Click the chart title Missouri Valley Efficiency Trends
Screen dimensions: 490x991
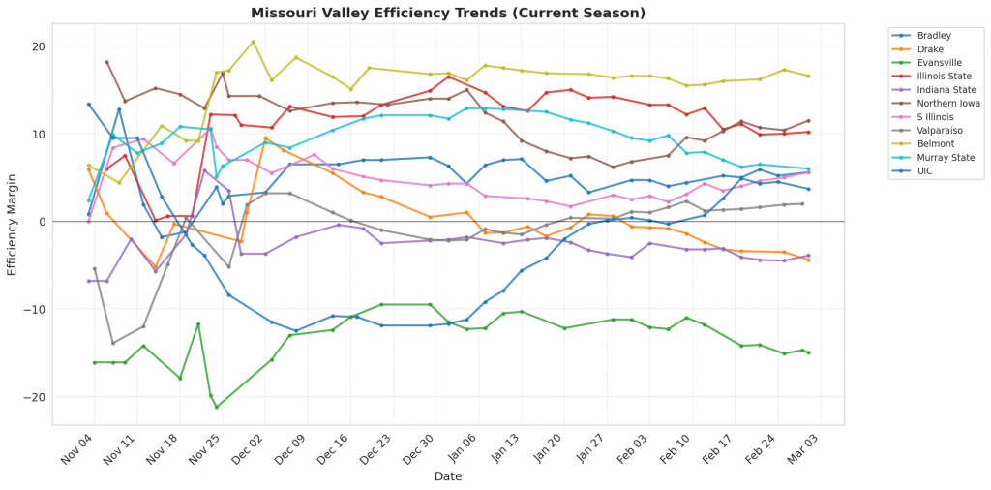(x=447, y=13)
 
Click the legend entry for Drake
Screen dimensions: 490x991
(x=931, y=48)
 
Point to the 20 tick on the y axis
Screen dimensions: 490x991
(x=39, y=46)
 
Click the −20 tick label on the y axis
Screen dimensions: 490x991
(x=36, y=397)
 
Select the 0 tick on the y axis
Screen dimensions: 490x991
(x=42, y=222)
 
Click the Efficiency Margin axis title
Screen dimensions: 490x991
(x=13, y=222)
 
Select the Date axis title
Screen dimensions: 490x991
(x=447, y=476)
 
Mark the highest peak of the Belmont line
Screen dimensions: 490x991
(x=254, y=42)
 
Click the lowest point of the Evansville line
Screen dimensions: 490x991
(x=217, y=407)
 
